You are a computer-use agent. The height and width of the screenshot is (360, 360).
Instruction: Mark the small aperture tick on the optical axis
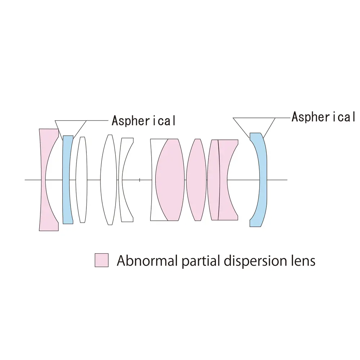139,179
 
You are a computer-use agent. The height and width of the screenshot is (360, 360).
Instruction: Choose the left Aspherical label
144,121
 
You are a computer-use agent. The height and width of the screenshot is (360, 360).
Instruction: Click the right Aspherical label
323,117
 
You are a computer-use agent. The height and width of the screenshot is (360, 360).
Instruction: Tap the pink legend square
101,260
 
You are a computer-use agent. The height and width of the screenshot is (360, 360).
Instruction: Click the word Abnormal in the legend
147,260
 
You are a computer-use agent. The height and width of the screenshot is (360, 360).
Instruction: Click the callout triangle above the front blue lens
71,126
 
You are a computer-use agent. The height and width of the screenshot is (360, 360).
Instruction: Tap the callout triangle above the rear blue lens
254,125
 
